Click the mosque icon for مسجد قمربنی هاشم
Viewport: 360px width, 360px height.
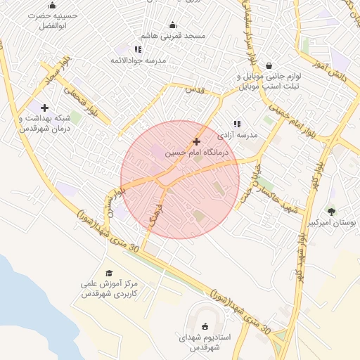click(173, 25)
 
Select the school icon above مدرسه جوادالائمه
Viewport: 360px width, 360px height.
click(138, 49)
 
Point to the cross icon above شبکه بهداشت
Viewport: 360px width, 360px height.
click(45, 108)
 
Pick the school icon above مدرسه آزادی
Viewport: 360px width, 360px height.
click(236, 124)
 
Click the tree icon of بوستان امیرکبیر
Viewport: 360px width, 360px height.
click(331, 211)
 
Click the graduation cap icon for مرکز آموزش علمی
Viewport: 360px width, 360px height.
click(108, 273)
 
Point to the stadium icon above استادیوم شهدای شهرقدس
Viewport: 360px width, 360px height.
click(205, 326)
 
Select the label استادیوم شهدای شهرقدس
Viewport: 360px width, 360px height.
click(205, 342)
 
